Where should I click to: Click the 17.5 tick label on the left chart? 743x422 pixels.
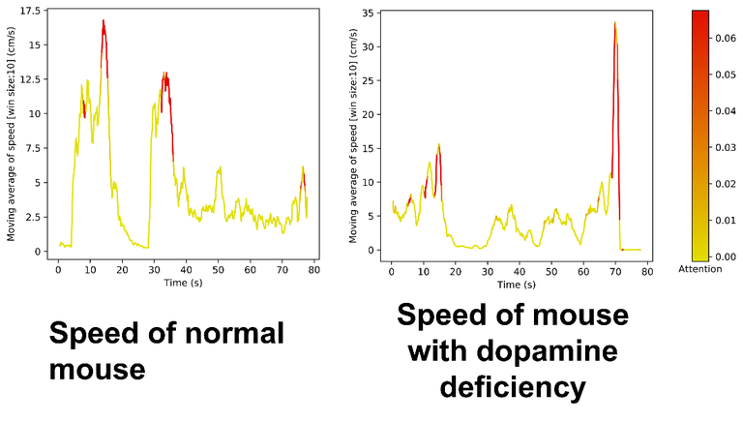click(x=30, y=11)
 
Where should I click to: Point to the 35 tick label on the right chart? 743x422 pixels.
click(x=369, y=13)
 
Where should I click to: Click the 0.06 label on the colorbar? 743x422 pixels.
click(x=727, y=40)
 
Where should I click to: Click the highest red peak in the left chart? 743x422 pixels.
click(x=103, y=20)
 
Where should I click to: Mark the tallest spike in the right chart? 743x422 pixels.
click(x=614, y=22)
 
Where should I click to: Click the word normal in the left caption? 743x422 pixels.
click(x=231, y=335)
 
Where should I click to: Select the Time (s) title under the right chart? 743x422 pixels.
click(x=516, y=285)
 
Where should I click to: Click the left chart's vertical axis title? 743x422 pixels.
click(x=13, y=136)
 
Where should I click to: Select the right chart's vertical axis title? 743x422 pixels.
click(x=352, y=136)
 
